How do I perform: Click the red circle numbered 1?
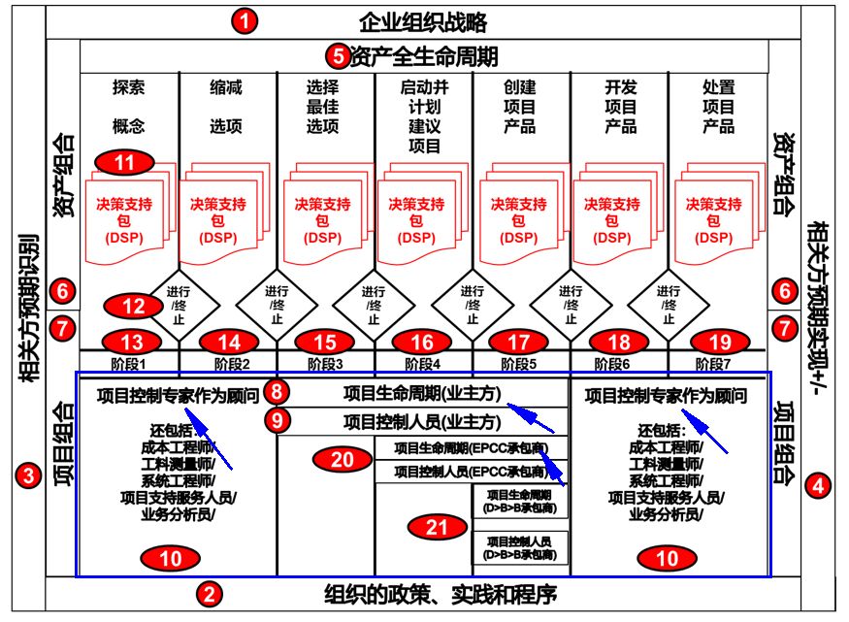(x=245, y=21)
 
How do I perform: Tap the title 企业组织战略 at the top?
(x=422, y=22)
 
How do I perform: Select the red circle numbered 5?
(x=337, y=56)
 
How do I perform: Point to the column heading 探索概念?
(x=128, y=106)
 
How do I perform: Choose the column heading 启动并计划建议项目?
(x=424, y=116)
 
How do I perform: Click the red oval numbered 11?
(x=124, y=163)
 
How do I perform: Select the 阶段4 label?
(x=423, y=364)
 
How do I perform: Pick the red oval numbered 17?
(x=520, y=342)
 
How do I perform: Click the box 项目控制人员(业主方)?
(x=423, y=422)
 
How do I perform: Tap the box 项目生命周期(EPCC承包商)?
(x=471, y=448)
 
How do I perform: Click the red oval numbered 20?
(x=343, y=460)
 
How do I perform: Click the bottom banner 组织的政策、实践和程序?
(x=441, y=593)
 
